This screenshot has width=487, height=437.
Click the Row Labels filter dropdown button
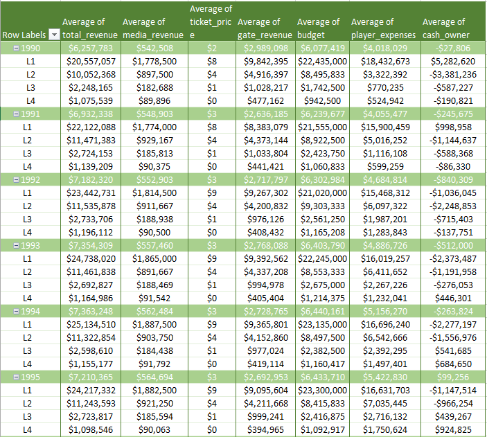pyautogui.click(x=53, y=35)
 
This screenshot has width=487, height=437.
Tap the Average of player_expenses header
pyautogui.click(x=383, y=28)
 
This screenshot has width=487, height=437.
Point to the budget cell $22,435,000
pyautogui.click(x=322, y=61)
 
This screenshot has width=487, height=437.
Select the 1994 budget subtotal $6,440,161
pyautogui.click(x=322, y=311)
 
